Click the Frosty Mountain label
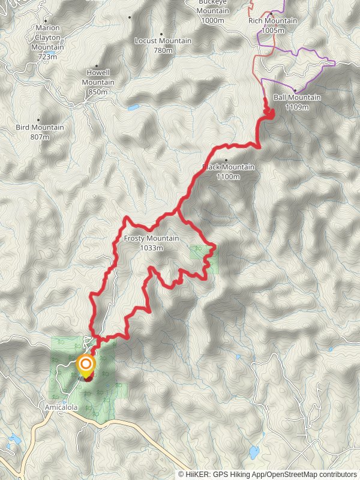tap(151, 239)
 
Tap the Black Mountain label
tap(229, 167)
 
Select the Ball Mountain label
tap(297, 98)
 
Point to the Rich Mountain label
tap(272, 20)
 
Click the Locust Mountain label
tap(163, 41)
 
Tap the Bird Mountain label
tap(40, 127)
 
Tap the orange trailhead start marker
tap(86, 364)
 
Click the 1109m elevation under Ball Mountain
tap(297, 107)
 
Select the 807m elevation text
tap(40, 137)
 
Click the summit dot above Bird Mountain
tap(39, 119)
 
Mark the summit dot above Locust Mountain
tap(162, 34)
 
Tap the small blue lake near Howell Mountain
tap(133, 109)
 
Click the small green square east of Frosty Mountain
tap(199, 251)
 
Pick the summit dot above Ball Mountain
tap(296, 90)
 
